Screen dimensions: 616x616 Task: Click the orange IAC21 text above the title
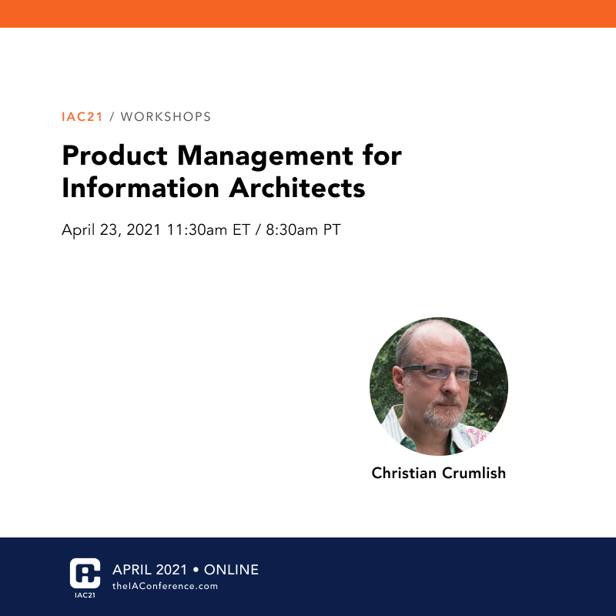pos(82,117)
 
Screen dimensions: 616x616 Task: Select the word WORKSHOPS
pos(166,117)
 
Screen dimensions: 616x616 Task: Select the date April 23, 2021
pos(111,230)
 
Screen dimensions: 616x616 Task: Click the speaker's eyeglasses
pos(443,375)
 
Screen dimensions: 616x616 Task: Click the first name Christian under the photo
pos(404,473)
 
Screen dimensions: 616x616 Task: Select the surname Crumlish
pos(474,473)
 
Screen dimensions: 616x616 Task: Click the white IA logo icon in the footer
pos(85,571)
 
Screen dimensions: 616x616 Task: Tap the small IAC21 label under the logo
pos(85,596)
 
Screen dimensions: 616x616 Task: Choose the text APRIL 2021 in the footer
pos(149,571)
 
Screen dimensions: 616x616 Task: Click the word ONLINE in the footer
pos(231,571)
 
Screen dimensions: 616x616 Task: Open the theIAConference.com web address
pos(165,587)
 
